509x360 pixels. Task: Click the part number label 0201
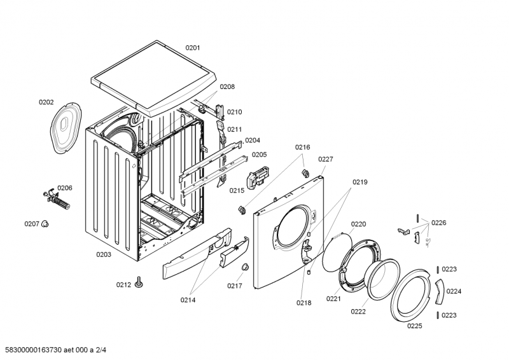click(x=193, y=48)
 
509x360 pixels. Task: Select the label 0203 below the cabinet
click(x=104, y=254)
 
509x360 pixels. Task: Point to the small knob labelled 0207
click(x=46, y=224)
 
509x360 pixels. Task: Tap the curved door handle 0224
click(x=440, y=292)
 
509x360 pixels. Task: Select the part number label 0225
click(x=415, y=326)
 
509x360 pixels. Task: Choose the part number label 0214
click(x=188, y=300)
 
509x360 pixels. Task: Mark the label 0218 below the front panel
click(x=303, y=303)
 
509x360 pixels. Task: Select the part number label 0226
click(x=439, y=223)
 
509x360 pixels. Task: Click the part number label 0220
click(x=358, y=224)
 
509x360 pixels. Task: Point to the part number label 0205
click(x=259, y=154)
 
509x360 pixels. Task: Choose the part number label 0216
click(x=302, y=147)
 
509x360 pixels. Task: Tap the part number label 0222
click(x=358, y=312)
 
